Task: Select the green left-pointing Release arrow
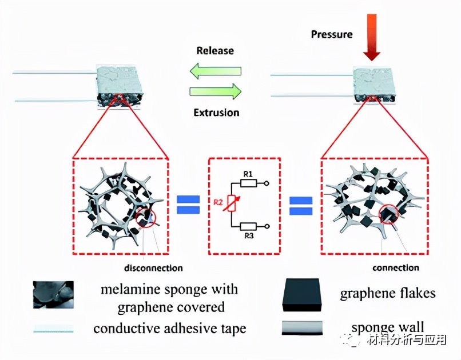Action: click(x=215, y=72)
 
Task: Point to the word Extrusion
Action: click(x=216, y=113)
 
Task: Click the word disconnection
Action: click(x=153, y=267)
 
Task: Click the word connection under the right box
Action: click(x=396, y=267)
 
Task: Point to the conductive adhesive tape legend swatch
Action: click(x=53, y=329)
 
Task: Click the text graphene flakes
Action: click(x=388, y=294)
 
